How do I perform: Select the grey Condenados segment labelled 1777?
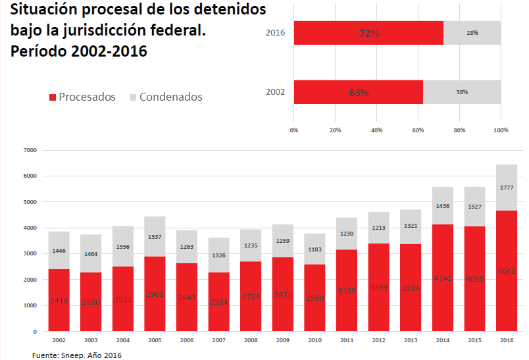click(x=507, y=188)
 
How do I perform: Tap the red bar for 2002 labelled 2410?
click(x=59, y=300)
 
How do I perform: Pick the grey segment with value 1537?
click(x=155, y=236)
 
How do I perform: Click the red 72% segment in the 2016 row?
click(x=368, y=33)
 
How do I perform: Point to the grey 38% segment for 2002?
click(x=462, y=92)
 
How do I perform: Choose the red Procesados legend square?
click(x=53, y=97)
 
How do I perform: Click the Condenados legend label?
click(x=170, y=97)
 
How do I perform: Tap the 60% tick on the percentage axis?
click(x=418, y=130)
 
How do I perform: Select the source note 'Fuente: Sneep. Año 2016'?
click(x=77, y=355)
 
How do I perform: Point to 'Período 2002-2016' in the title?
click(x=78, y=51)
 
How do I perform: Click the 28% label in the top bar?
click(x=472, y=33)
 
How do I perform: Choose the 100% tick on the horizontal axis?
click(x=501, y=130)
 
